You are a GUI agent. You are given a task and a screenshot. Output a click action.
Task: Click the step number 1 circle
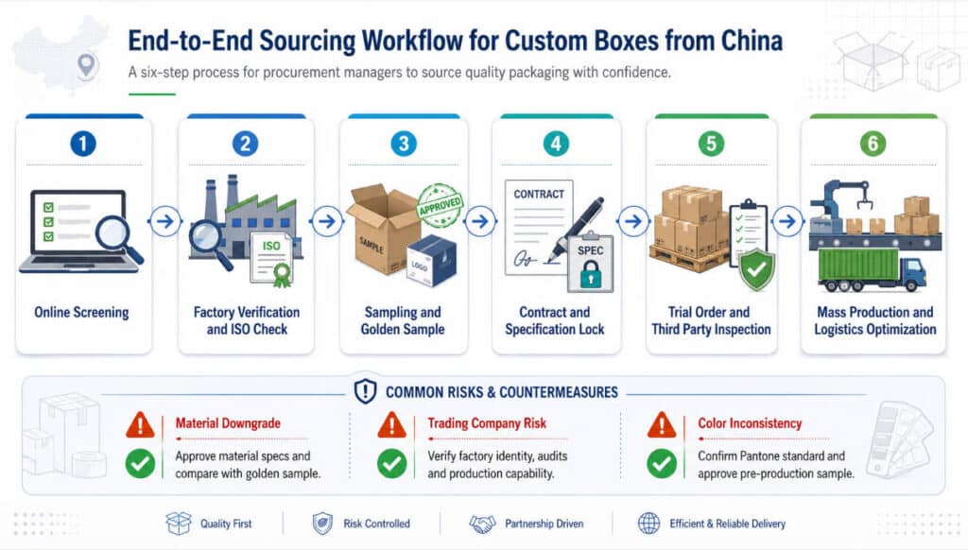pyautogui.click(x=84, y=144)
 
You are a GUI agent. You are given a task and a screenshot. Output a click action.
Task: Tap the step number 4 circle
pyautogui.click(x=556, y=144)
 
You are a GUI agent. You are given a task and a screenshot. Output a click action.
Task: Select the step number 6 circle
pyautogui.click(x=873, y=144)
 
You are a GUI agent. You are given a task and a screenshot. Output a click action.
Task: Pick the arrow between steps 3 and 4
pyautogui.click(x=479, y=222)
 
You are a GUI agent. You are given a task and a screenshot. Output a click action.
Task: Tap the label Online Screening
pyautogui.click(x=81, y=313)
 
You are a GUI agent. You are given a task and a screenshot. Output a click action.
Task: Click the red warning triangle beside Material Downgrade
pyautogui.click(x=140, y=425)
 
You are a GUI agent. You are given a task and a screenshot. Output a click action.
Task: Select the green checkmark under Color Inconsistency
pyautogui.click(x=662, y=463)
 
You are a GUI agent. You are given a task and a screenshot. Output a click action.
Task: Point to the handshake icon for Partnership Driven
pyautogui.click(x=482, y=524)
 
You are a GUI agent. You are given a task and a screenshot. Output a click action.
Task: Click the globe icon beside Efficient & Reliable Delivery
pyautogui.click(x=649, y=524)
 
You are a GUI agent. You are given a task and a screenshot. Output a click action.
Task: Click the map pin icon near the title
pyautogui.click(x=87, y=65)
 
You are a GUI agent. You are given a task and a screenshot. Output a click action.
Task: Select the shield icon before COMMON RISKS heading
pyautogui.click(x=365, y=391)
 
